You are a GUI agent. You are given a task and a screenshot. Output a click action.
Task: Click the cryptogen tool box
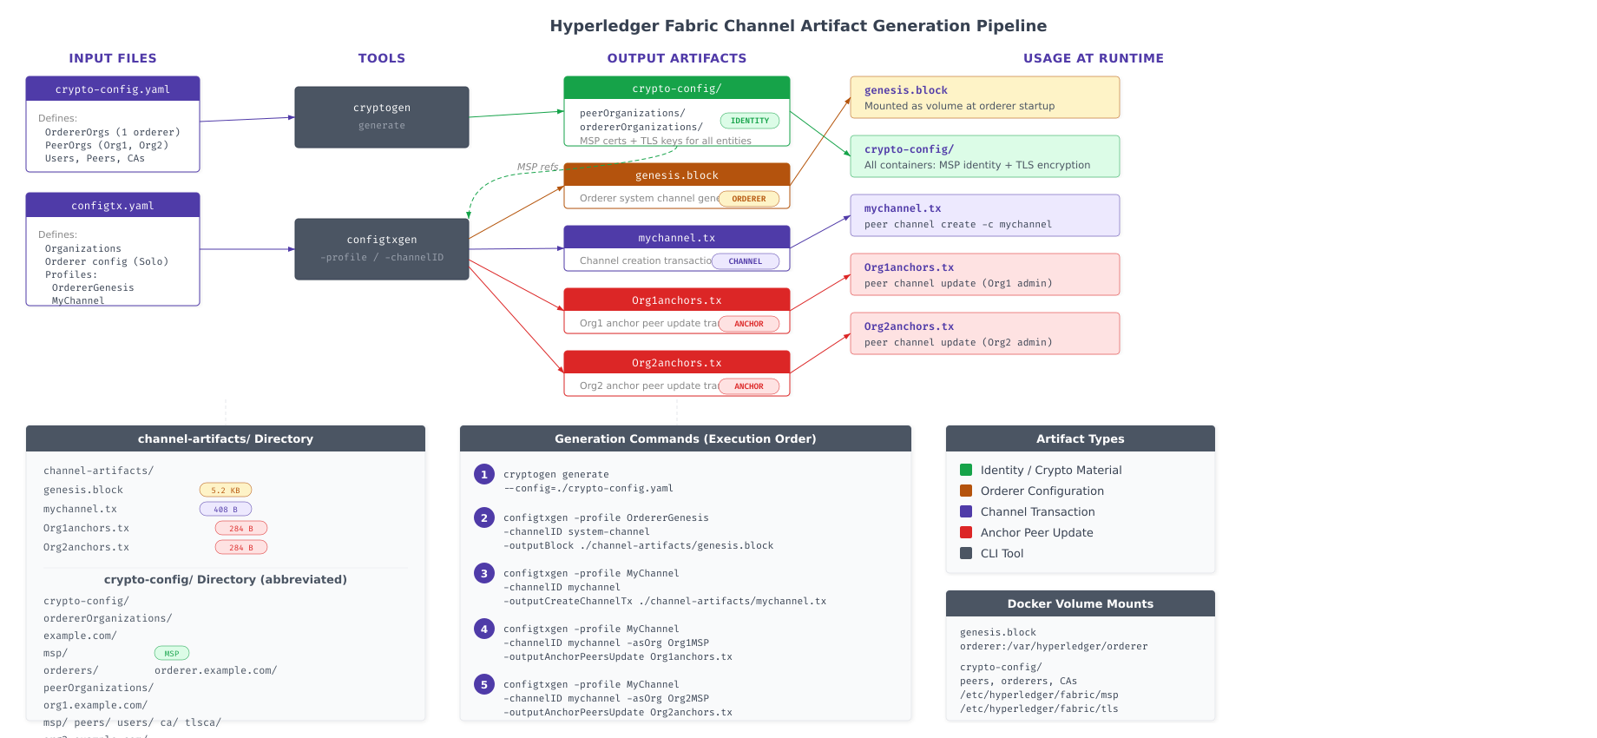pyautogui.click(x=382, y=117)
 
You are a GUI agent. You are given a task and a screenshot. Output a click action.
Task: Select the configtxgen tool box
pyautogui.click(x=382, y=249)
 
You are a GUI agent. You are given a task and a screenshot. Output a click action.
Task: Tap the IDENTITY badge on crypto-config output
pyautogui.click(x=749, y=121)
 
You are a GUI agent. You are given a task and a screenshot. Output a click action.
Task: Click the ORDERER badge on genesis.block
pyautogui.click(x=748, y=199)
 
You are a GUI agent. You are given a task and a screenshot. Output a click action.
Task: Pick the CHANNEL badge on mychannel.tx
pyautogui.click(x=745, y=261)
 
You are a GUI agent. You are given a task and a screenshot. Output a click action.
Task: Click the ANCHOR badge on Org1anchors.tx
pyautogui.click(x=748, y=324)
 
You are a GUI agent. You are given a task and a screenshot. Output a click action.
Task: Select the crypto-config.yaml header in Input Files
pyautogui.click(x=113, y=89)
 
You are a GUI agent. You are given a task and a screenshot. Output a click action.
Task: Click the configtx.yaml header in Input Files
pyautogui.click(x=113, y=206)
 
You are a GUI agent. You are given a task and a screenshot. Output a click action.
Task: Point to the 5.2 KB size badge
pyautogui.click(x=226, y=491)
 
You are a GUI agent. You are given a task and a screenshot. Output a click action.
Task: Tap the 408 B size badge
pyautogui.click(x=226, y=510)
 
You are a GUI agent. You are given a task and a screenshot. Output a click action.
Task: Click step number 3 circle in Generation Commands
pyautogui.click(x=484, y=573)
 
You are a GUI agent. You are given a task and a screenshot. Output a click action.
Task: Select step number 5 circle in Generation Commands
pyautogui.click(x=484, y=684)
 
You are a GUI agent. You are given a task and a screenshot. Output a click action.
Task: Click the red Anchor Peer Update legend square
pyautogui.click(x=966, y=532)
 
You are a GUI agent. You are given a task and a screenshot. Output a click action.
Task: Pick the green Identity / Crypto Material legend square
pyautogui.click(x=966, y=470)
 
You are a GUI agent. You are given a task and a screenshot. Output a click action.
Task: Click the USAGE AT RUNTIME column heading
pyautogui.click(x=1093, y=58)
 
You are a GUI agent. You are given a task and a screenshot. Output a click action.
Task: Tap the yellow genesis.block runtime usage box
pyautogui.click(x=984, y=97)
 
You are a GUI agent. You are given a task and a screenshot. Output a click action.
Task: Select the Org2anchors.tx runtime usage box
pyautogui.click(x=984, y=333)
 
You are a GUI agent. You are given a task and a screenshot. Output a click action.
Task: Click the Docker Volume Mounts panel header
pyautogui.click(x=1080, y=603)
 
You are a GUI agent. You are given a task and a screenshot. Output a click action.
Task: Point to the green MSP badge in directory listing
pyautogui.click(x=172, y=653)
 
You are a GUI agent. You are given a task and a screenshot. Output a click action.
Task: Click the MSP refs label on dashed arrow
pyautogui.click(x=537, y=167)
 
